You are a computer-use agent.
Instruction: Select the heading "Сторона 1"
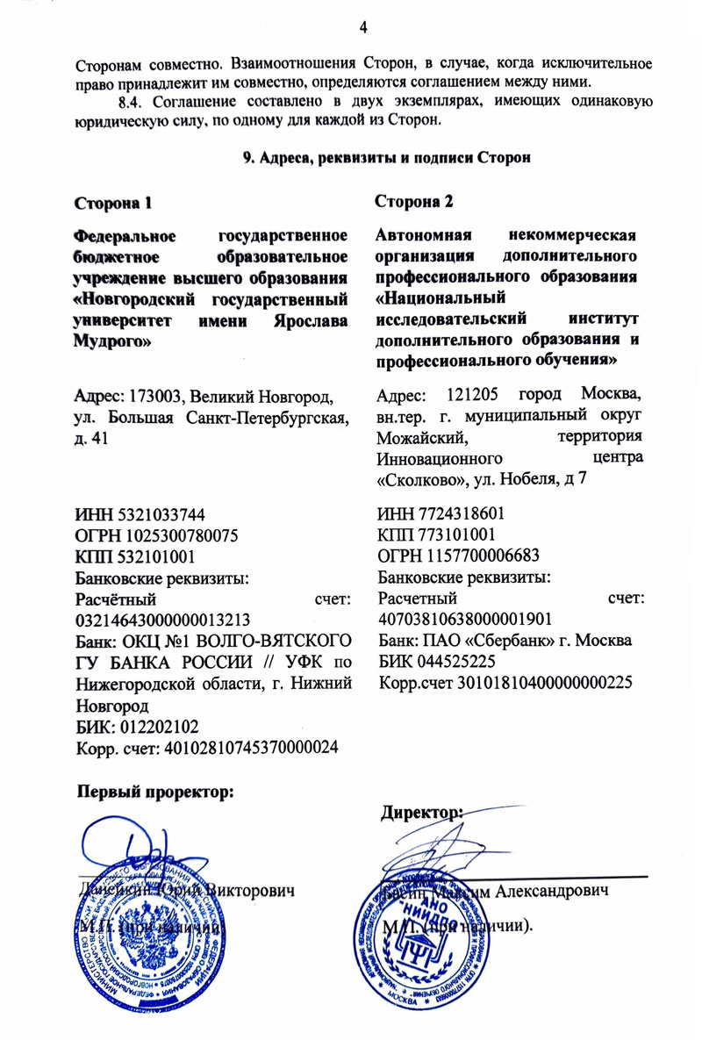(112, 204)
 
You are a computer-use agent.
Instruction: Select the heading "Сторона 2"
(414, 202)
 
